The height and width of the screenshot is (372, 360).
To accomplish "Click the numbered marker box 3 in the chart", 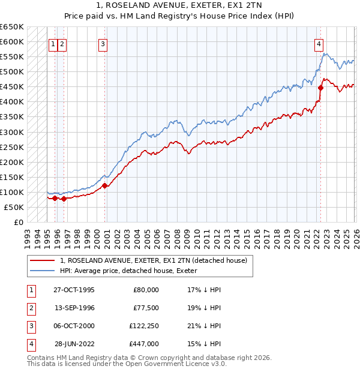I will coord(103,43).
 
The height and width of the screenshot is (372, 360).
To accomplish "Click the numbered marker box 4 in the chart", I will coord(319,43).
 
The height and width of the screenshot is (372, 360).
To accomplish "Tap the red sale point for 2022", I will coord(321,88).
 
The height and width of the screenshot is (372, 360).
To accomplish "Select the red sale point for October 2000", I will coord(105,185).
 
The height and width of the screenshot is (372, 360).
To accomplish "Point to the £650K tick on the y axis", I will coord(12,27).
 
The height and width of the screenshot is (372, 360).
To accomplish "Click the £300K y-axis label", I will coord(12,132).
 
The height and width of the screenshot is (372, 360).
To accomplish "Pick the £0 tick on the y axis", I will coord(18,222).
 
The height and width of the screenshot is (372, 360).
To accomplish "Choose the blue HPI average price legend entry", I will coord(132,271).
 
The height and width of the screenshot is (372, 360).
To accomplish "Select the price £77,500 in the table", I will coord(146,308).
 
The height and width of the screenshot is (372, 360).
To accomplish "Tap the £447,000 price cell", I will coord(145,344).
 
